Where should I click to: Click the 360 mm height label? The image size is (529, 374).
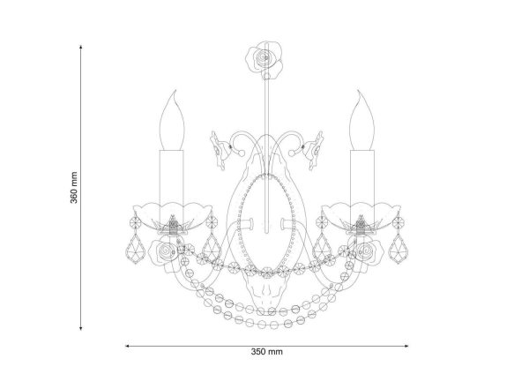pos(74,188)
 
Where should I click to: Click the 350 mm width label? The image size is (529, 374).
pos(266,352)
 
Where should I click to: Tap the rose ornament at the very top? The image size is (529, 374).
pos(264,60)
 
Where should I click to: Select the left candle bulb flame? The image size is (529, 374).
pos(172,121)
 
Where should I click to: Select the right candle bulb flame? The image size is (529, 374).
pos(362,121)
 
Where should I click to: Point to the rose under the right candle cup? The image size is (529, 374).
pos(367,252)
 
